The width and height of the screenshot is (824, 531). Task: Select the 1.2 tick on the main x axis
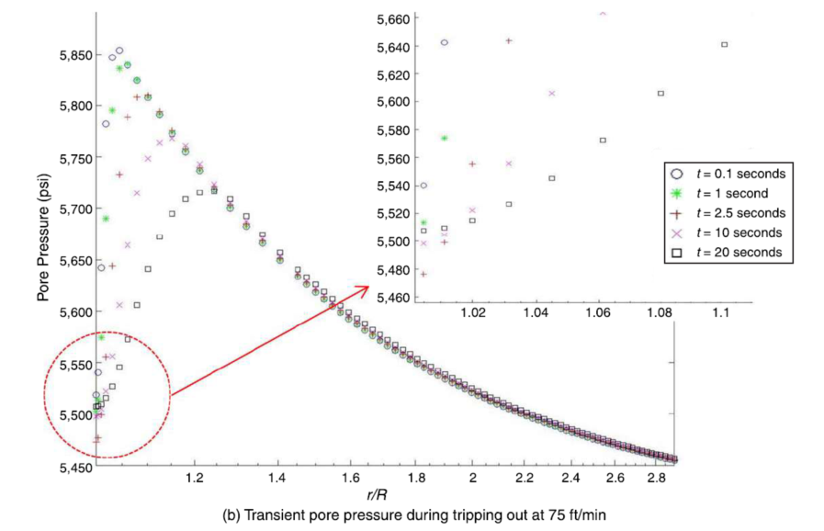[x=194, y=479]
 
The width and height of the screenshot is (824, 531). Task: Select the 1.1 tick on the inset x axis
[x=720, y=313]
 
